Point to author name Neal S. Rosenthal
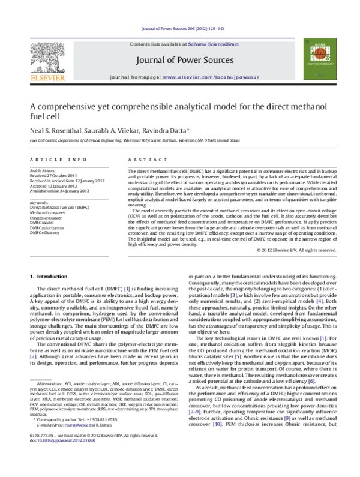point(58,130)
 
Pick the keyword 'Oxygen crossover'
point(49,218)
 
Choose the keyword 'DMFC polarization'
point(50,227)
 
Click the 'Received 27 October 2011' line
point(55,176)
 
